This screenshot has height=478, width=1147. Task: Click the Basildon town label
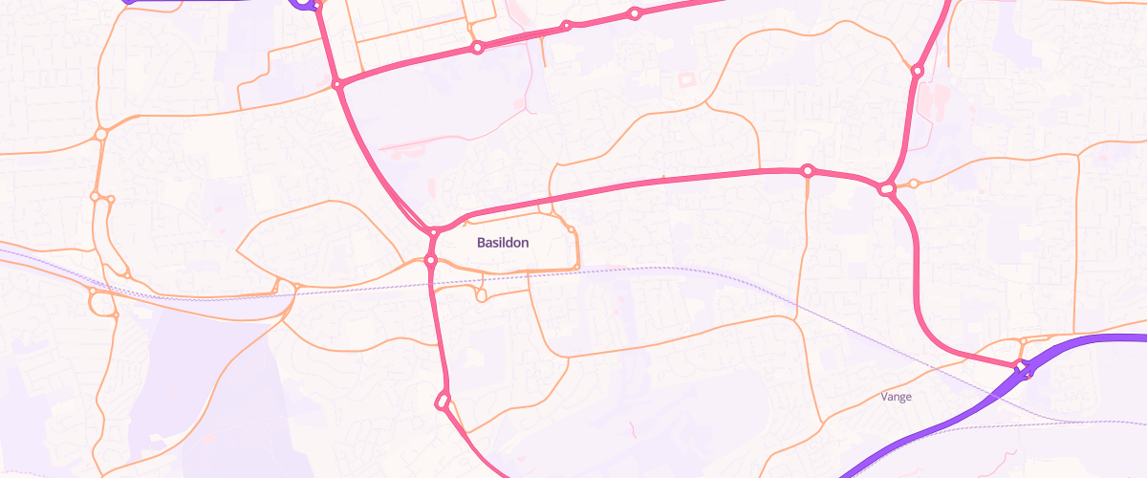coord(503,243)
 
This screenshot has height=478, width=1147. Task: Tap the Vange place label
coord(896,396)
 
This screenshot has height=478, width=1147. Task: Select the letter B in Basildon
coord(482,243)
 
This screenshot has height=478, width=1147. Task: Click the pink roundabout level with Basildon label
coord(431,259)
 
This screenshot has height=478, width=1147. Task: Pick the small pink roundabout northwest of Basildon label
coord(434,231)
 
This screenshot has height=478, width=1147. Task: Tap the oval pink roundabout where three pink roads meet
coord(887,189)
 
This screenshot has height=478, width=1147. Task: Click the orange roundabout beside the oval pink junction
coord(914,184)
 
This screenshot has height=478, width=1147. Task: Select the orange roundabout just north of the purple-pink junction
coord(1024,341)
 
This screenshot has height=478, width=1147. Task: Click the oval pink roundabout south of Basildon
coord(442,401)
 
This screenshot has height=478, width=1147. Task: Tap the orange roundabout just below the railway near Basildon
coord(482,296)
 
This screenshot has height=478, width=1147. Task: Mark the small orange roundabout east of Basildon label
coord(572,228)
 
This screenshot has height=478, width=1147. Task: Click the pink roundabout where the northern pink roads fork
coord(337,84)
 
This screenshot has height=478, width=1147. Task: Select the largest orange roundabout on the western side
coord(100,303)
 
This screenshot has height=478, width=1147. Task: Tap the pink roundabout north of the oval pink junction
coord(917,71)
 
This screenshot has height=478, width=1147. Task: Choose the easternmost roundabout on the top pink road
coord(634,13)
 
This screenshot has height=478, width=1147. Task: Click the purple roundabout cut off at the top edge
coord(303,3)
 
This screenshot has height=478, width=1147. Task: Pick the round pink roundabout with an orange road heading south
coord(808,170)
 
